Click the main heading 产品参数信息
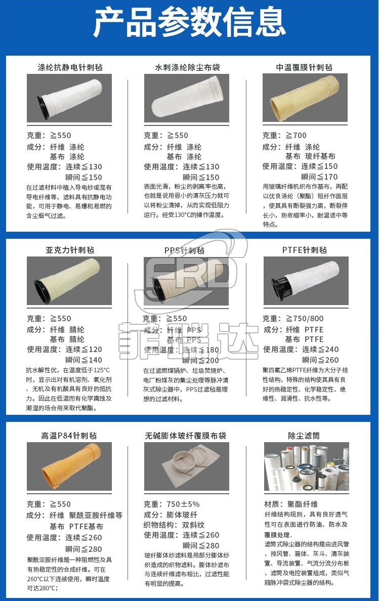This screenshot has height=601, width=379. tap(189, 23)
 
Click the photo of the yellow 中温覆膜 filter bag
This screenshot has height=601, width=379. tap(305, 98)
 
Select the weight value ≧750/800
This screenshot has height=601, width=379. tap(305, 319)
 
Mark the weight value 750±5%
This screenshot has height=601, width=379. tap(183, 504)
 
